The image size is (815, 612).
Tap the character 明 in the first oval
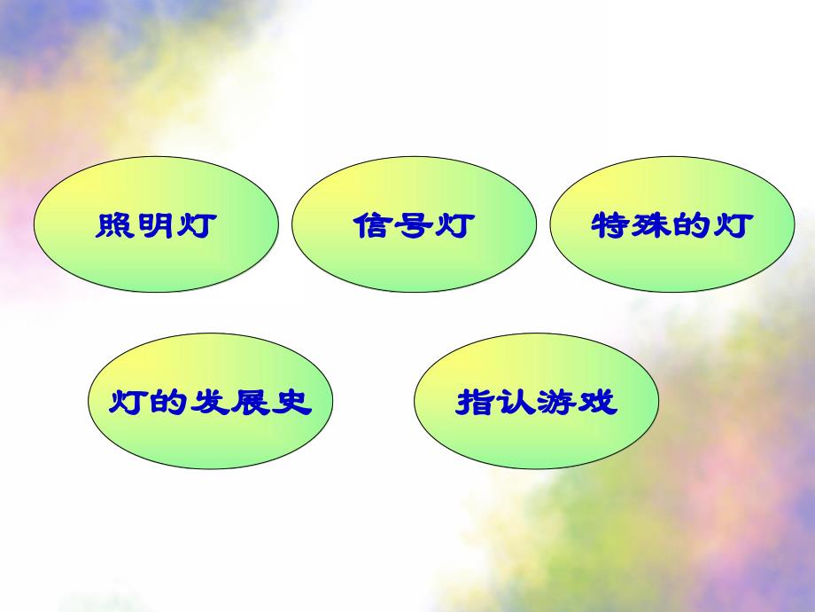tap(156, 225)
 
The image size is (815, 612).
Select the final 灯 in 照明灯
tap(196, 225)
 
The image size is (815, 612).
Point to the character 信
tap(373, 225)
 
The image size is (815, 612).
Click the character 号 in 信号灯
tap(414, 225)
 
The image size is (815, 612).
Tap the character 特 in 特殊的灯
tap(610, 225)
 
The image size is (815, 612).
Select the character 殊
tap(651, 225)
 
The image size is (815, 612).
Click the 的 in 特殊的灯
tap(692, 225)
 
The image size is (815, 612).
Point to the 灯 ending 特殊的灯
tap(733, 225)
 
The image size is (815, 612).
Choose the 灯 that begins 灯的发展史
tap(129, 403)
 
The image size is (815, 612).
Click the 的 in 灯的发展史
tap(170, 403)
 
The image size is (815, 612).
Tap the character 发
tap(211, 403)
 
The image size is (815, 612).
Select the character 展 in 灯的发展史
tap(252, 403)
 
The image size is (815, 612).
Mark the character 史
tap(292, 403)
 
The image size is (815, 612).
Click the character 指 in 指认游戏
tap(475, 403)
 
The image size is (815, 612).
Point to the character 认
tap(516, 403)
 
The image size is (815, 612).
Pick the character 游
tap(556, 403)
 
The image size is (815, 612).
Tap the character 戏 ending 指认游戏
tap(597, 403)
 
